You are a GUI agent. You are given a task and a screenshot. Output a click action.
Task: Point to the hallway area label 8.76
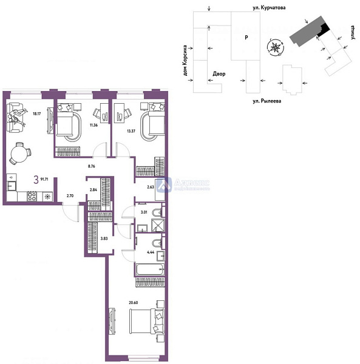(x=93, y=164)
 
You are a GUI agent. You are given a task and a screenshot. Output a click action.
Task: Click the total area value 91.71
(x=45, y=180)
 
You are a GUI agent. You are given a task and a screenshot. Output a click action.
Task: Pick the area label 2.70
(x=69, y=197)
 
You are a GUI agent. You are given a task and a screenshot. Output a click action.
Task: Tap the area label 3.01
(x=144, y=213)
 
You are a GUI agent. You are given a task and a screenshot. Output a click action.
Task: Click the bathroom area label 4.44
(x=151, y=251)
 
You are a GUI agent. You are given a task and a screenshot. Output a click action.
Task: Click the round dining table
(x=19, y=153)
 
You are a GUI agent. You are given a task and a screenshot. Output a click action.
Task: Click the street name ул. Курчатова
(x=269, y=7)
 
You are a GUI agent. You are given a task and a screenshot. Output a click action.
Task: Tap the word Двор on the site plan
(x=219, y=74)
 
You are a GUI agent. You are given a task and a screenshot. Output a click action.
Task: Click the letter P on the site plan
(x=246, y=37)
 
